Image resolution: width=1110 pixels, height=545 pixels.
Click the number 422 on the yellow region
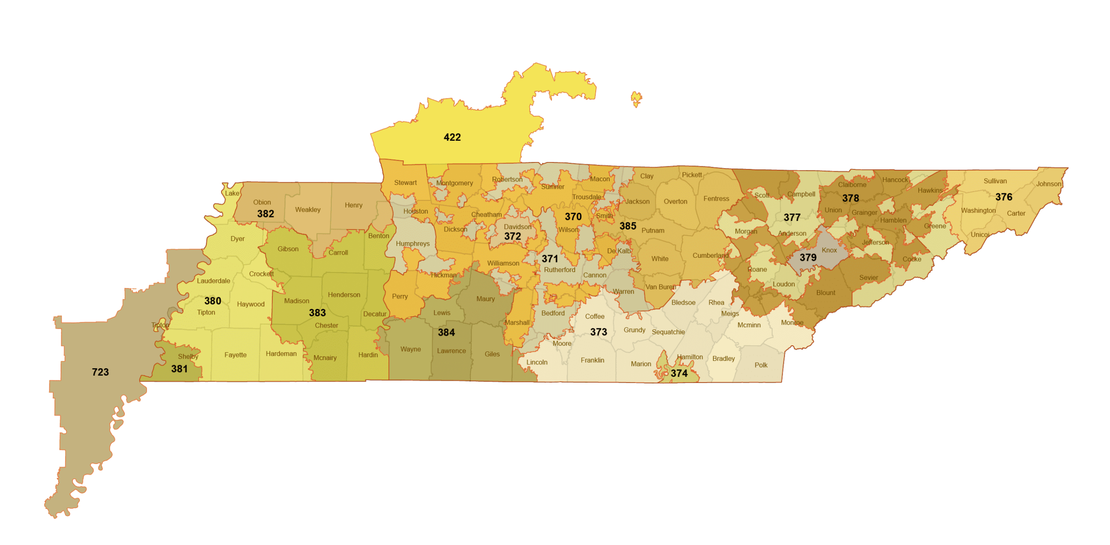click(x=452, y=137)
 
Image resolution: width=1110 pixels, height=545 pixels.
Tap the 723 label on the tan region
click(x=100, y=372)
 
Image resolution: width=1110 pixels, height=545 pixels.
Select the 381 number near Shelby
click(x=179, y=369)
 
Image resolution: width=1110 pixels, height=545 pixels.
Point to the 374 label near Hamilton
click(x=679, y=373)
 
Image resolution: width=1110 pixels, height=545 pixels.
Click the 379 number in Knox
click(x=808, y=257)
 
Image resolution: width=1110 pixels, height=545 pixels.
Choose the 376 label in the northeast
click(x=1003, y=197)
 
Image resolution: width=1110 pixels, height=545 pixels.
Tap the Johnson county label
click(x=1048, y=184)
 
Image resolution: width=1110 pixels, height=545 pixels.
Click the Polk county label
click(x=761, y=365)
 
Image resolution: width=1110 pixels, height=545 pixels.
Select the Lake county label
click(x=232, y=193)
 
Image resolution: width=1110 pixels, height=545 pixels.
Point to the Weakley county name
click(x=307, y=210)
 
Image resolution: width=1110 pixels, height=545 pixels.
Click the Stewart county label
click(x=405, y=183)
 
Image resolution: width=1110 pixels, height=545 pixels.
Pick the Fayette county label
click(x=235, y=355)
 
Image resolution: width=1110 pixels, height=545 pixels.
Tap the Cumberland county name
click(x=710, y=255)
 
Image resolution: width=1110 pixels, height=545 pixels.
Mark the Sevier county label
click(x=868, y=277)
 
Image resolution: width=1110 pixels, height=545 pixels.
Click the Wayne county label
click(x=410, y=349)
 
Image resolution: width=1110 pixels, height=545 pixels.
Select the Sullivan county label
click(x=995, y=181)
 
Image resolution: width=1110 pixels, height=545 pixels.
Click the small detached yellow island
click(x=636, y=98)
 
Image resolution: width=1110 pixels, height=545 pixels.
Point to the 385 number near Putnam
click(x=627, y=226)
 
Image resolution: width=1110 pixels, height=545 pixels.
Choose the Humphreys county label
click(x=412, y=243)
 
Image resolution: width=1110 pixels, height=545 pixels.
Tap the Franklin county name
click(x=592, y=360)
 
